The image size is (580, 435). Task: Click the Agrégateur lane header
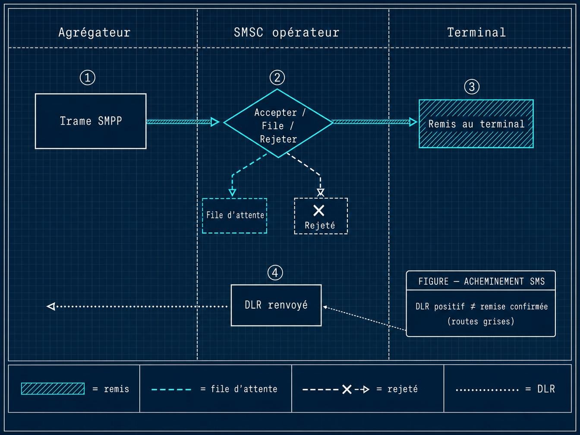pos(95,32)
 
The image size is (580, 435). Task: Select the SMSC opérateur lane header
pos(287,32)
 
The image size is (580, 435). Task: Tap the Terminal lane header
pos(476,32)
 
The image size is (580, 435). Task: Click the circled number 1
pos(88,78)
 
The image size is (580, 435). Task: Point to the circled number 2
pos(277,78)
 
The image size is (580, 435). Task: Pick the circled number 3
pos(472,87)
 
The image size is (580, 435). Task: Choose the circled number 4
pos(275,273)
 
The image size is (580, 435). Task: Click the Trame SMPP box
pos(91,121)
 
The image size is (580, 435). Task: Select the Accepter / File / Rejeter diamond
pos(278,123)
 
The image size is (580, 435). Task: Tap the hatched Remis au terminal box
pos(476,123)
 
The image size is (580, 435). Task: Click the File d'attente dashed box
pos(235,215)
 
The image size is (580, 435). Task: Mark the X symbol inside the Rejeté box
pos(318,211)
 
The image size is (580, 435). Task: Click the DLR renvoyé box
pos(276,305)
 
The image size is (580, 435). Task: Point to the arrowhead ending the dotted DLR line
pos(51,306)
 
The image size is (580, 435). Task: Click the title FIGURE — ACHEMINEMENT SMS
pos(482,281)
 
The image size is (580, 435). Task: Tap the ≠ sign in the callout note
pos(473,306)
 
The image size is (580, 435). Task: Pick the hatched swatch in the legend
pos(53,388)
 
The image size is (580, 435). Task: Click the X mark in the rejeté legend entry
pos(347,389)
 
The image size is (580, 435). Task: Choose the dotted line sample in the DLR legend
pos(487,390)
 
